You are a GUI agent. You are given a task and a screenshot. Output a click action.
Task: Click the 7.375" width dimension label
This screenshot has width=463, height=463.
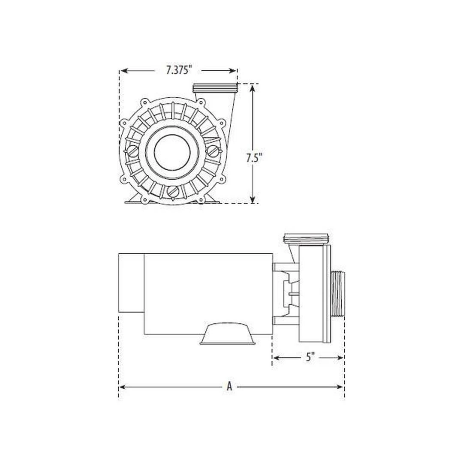pyautogui.click(x=179, y=70)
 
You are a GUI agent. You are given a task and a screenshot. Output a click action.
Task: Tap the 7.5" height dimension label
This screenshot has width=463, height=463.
pyautogui.click(x=254, y=158)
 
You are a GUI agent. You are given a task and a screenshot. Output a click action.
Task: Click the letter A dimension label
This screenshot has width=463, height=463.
pyautogui.click(x=229, y=387)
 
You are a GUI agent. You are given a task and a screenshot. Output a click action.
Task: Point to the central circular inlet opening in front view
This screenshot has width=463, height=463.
pyautogui.click(x=171, y=152)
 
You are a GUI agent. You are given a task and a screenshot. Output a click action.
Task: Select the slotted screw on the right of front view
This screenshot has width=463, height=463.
pyautogui.click(x=213, y=151)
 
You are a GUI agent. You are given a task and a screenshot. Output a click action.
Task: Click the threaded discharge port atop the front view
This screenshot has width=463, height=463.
pyautogui.click(x=215, y=88)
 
